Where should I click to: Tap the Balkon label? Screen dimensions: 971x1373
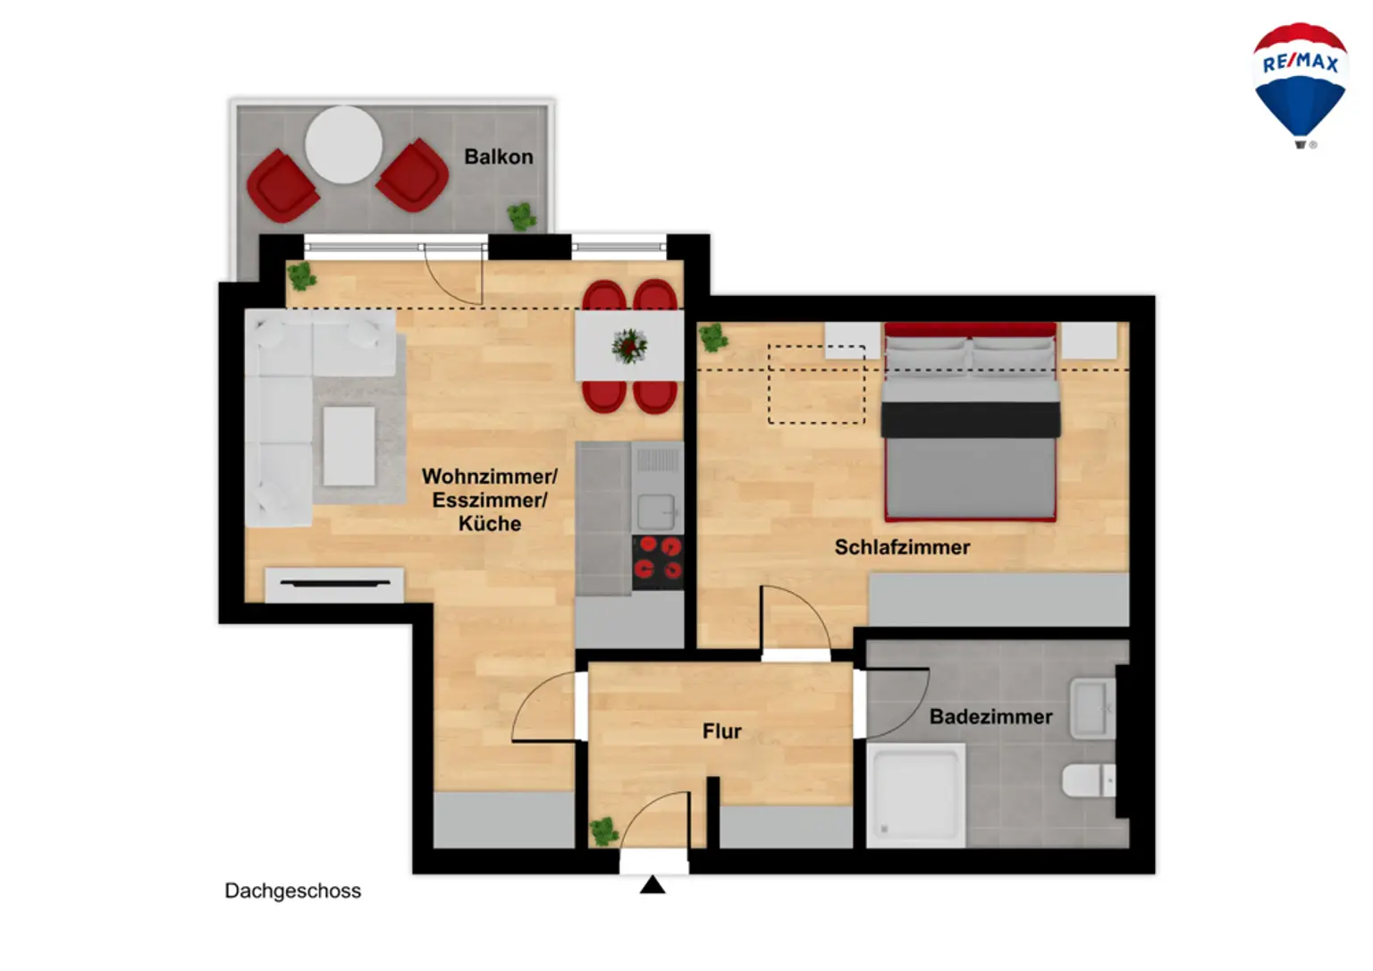click(498, 156)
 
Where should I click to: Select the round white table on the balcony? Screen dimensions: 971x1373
click(344, 145)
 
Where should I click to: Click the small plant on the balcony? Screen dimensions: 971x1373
click(521, 215)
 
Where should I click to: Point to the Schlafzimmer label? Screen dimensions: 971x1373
click(902, 547)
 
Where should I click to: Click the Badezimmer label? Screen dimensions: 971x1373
click(990, 717)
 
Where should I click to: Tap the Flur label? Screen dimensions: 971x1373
click(721, 731)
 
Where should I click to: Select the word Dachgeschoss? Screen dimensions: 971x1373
click(292, 891)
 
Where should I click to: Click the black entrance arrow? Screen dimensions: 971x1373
click(653, 885)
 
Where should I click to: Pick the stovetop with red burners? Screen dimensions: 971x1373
click(657, 561)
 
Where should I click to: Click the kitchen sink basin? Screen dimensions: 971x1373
click(655, 512)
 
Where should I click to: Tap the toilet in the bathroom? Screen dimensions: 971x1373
click(1087, 781)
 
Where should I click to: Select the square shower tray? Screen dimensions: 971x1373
click(915, 795)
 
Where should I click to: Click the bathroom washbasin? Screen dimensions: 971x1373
click(1092, 709)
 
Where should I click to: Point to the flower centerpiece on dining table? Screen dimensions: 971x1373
click(629, 346)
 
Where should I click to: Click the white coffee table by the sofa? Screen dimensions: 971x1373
click(349, 446)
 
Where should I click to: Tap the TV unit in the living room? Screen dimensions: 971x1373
click(334, 584)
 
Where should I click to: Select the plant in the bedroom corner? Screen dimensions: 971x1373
click(712, 337)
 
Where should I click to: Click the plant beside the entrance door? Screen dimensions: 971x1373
click(604, 831)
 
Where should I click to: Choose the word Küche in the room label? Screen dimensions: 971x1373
click(489, 524)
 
